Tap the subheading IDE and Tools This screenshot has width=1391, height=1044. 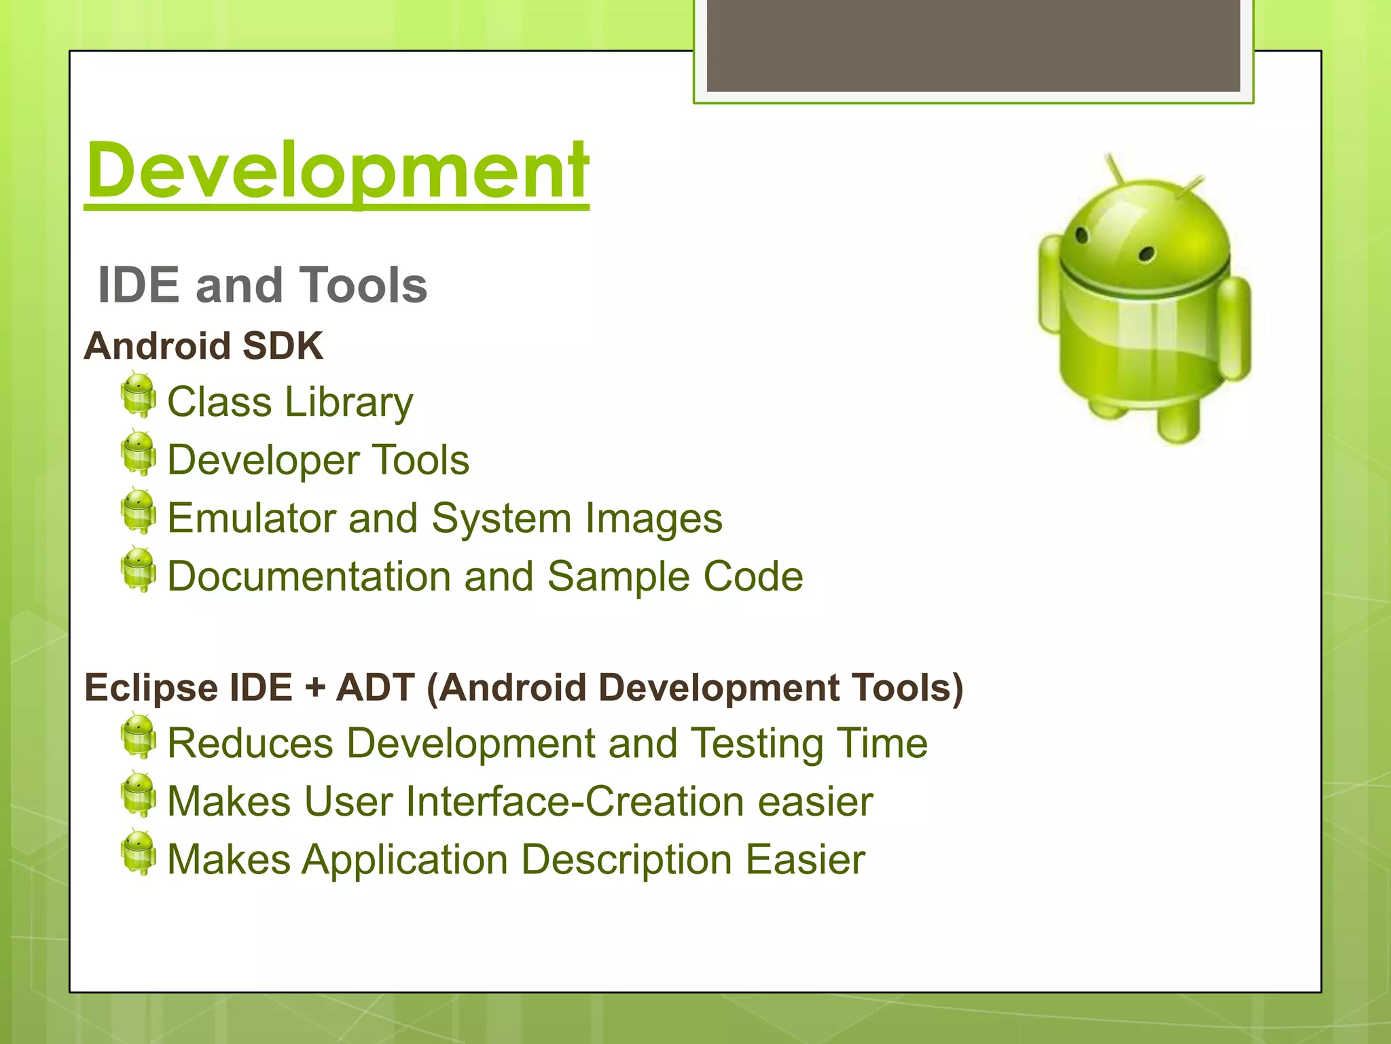[262, 285]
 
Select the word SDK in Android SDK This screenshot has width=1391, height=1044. [283, 346]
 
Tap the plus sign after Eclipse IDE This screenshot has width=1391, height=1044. [315, 688]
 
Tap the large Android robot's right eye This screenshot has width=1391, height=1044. [1147, 254]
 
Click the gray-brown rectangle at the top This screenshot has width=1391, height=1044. [973, 45]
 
